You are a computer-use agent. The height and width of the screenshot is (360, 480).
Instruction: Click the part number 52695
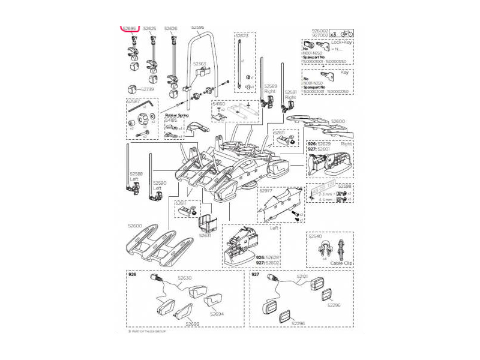click(x=130, y=28)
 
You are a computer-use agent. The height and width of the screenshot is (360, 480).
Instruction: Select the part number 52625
click(x=149, y=28)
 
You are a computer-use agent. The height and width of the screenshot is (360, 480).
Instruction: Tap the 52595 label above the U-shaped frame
click(x=197, y=27)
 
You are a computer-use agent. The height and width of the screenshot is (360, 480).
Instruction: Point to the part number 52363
click(x=200, y=63)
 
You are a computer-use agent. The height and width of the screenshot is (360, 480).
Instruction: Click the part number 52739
click(x=147, y=89)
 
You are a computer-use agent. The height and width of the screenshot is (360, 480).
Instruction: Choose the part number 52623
click(x=242, y=35)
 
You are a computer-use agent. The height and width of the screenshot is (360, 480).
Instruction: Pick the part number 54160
click(x=218, y=104)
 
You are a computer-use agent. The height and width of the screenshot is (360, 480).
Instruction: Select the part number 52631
click(x=205, y=236)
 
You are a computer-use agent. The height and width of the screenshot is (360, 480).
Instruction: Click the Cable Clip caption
click(x=340, y=263)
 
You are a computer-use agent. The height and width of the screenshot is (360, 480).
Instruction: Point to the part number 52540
click(x=316, y=236)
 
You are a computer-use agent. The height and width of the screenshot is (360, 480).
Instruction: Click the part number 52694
click(x=217, y=313)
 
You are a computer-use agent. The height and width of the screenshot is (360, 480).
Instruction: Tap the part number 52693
click(x=192, y=324)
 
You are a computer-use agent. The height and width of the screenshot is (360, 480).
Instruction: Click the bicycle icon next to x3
click(x=346, y=34)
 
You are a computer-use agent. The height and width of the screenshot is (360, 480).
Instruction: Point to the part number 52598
click(x=345, y=186)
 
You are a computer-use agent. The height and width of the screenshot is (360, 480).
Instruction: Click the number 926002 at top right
click(x=320, y=31)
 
